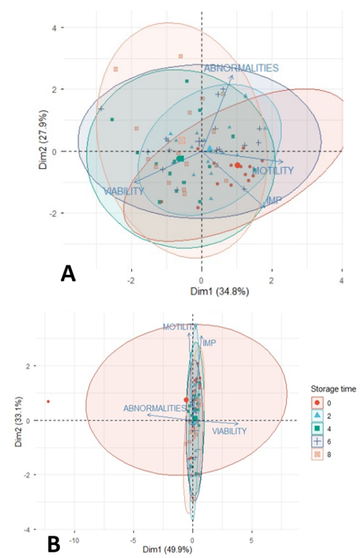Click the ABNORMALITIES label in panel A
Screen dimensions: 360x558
click(x=241, y=68)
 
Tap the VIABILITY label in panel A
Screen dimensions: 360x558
click(x=124, y=191)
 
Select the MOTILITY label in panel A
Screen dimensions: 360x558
click(x=273, y=171)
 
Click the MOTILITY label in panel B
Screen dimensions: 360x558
click(x=180, y=327)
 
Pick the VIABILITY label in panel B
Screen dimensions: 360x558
click(x=230, y=431)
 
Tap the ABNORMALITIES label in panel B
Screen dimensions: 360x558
click(x=155, y=408)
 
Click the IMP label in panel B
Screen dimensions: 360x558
click(x=209, y=343)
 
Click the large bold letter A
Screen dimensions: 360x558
click(x=68, y=274)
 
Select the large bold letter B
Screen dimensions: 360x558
click(x=54, y=545)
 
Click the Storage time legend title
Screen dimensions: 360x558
click(x=334, y=388)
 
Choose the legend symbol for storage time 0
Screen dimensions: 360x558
click(x=317, y=403)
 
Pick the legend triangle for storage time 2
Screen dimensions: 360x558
click(x=317, y=415)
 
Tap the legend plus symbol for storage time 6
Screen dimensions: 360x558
click(x=317, y=442)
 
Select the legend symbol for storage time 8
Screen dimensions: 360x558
click(x=317, y=454)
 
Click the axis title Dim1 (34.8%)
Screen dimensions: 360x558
click(x=219, y=292)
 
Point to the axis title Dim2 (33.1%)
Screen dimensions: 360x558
click(x=18, y=422)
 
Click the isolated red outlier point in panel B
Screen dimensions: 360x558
click(x=48, y=401)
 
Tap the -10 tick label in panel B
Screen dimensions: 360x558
click(x=75, y=540)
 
